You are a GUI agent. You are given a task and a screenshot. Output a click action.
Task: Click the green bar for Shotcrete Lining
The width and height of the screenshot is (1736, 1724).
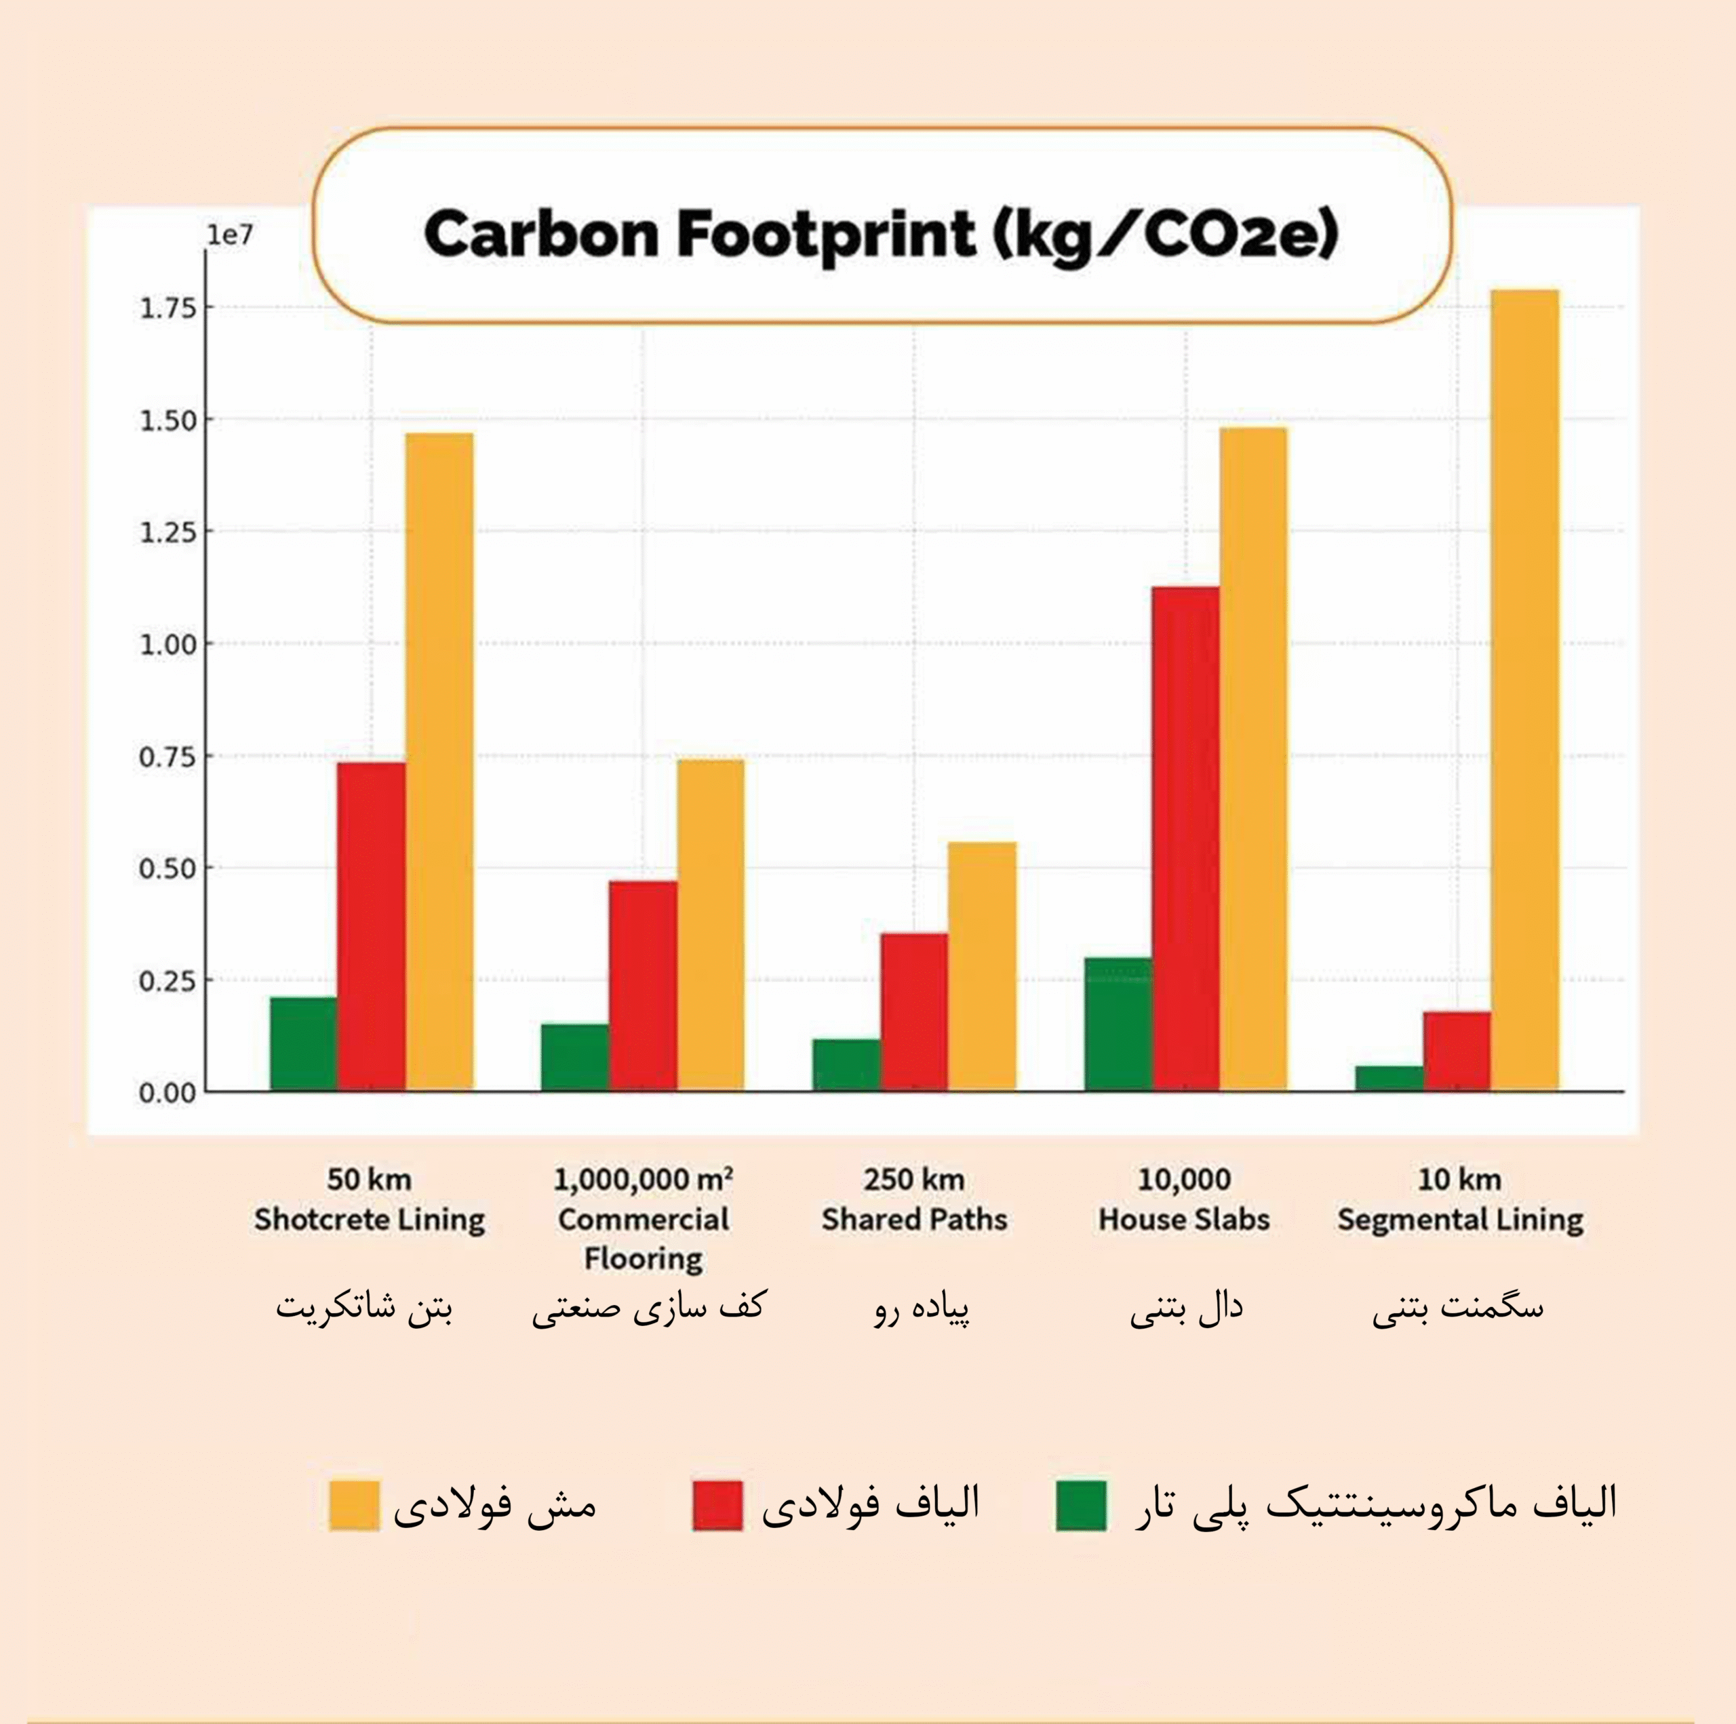[304, 1044]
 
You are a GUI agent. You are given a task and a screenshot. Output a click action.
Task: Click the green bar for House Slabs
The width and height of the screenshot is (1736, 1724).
[1118, 1024]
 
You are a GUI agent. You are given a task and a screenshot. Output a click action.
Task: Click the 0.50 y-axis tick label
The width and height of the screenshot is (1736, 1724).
[167, 868]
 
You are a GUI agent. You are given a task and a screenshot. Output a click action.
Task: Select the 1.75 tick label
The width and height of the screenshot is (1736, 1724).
[167, 309]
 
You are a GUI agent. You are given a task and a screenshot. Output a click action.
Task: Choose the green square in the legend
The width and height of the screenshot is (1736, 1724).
[1081, 1505]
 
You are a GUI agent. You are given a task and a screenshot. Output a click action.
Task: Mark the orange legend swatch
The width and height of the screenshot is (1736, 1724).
[354, 1505]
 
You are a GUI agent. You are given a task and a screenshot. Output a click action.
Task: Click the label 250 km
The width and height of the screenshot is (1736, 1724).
[914, 1179]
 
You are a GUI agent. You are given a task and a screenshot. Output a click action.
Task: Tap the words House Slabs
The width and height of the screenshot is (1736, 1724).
[1184, 1219]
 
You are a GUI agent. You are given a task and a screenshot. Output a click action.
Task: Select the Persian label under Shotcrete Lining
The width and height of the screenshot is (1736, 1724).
[365, 1307]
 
